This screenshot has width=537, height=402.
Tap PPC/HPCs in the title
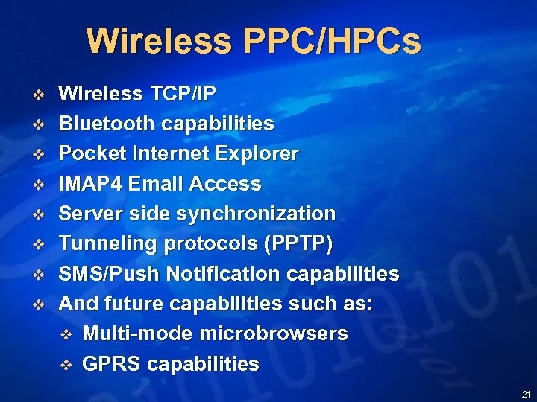pyautogui.click(x=331, y=42)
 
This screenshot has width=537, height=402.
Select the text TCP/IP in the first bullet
pyautogui.click(x=183, y=94)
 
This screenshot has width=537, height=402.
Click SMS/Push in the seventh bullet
pyautogui.click(x=110, y=274)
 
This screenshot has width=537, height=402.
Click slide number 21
pyautogui.click(x=527, y=394)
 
